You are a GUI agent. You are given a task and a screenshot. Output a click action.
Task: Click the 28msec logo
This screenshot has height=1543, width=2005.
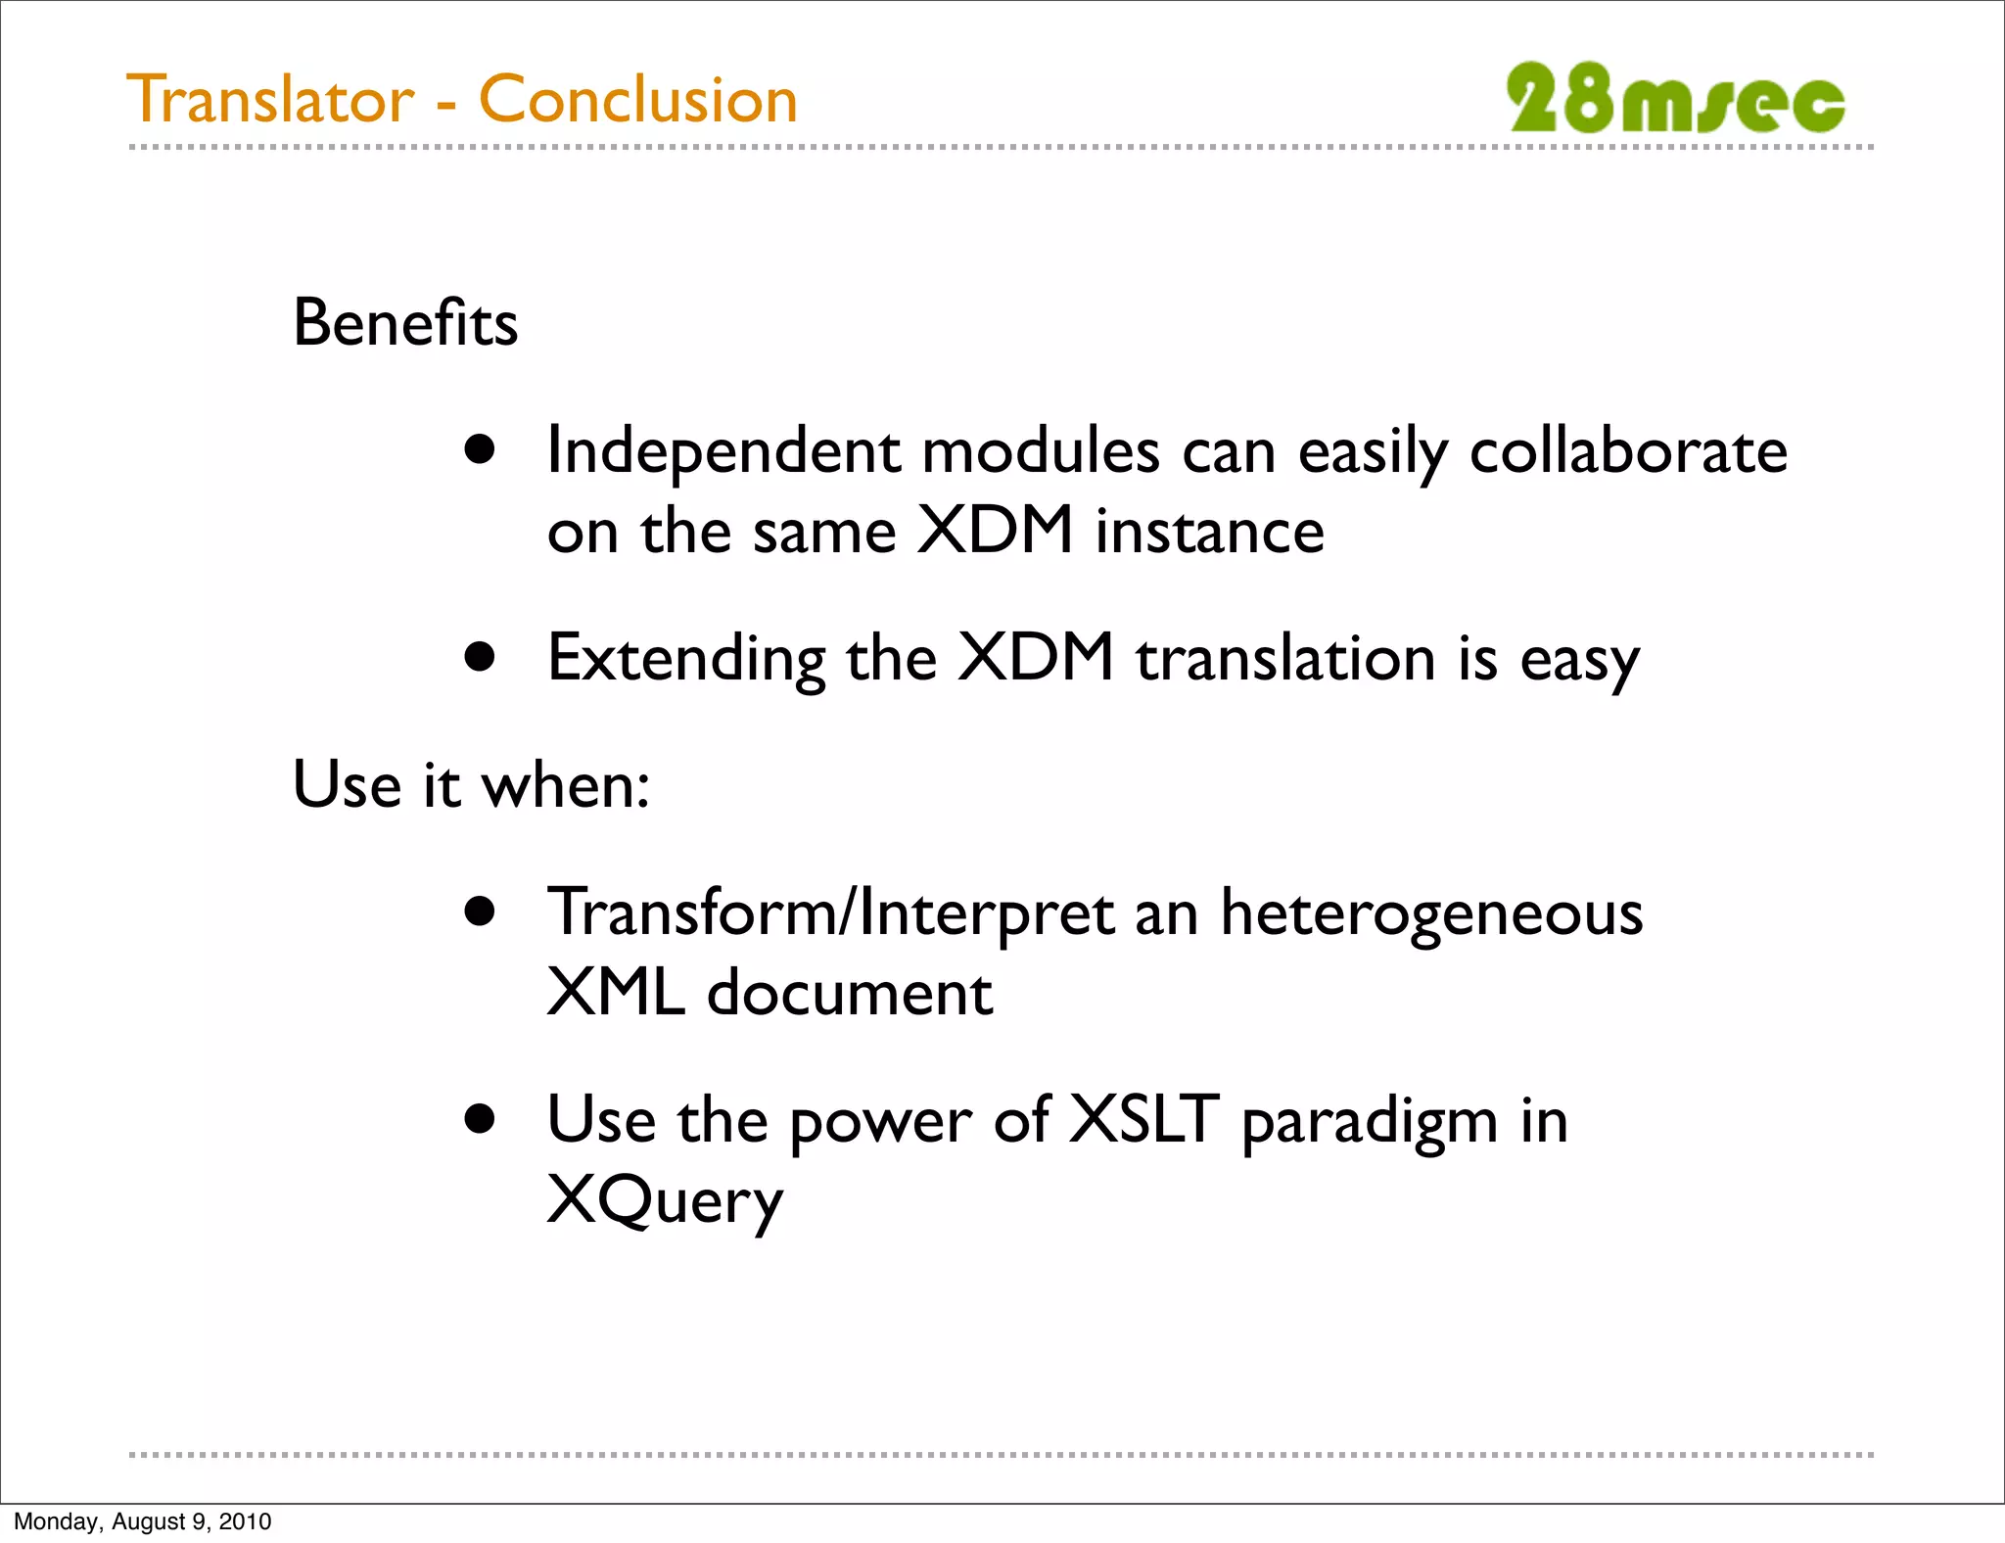click(x=1675, y=99)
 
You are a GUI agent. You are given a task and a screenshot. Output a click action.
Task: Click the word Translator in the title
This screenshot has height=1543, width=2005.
click(x=270, y=100)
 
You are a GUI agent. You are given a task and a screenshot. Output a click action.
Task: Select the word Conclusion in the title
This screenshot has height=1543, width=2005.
click(x=638, y=100)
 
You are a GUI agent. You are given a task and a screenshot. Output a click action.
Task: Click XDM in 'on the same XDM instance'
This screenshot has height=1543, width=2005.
click(x=995, y=531)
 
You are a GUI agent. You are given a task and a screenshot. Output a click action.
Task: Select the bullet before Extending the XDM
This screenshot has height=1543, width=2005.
click(x=480, y=657)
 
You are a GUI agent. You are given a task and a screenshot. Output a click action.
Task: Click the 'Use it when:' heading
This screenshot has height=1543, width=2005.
click(x=471, y=785)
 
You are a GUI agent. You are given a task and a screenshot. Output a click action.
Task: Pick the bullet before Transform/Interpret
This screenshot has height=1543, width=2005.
click(x=480, y=912)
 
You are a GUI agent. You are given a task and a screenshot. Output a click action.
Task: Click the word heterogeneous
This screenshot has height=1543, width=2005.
click(x=1430, y=914)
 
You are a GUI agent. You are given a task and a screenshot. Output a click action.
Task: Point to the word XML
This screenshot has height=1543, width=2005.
click(x=615, y=993)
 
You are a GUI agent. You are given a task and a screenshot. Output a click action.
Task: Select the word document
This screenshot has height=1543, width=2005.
click(x=850, y=993)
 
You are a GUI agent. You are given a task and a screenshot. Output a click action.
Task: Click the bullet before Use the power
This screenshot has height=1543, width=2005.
click(x=480, y=1119)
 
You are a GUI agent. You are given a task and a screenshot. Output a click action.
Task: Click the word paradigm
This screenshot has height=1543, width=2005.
click(x=1370, y=1123)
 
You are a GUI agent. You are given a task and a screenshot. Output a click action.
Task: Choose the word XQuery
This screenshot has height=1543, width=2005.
click(x=665, y=1201)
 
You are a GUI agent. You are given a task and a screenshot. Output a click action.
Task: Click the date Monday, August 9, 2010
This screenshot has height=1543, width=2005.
click(x=143, y=1521)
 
